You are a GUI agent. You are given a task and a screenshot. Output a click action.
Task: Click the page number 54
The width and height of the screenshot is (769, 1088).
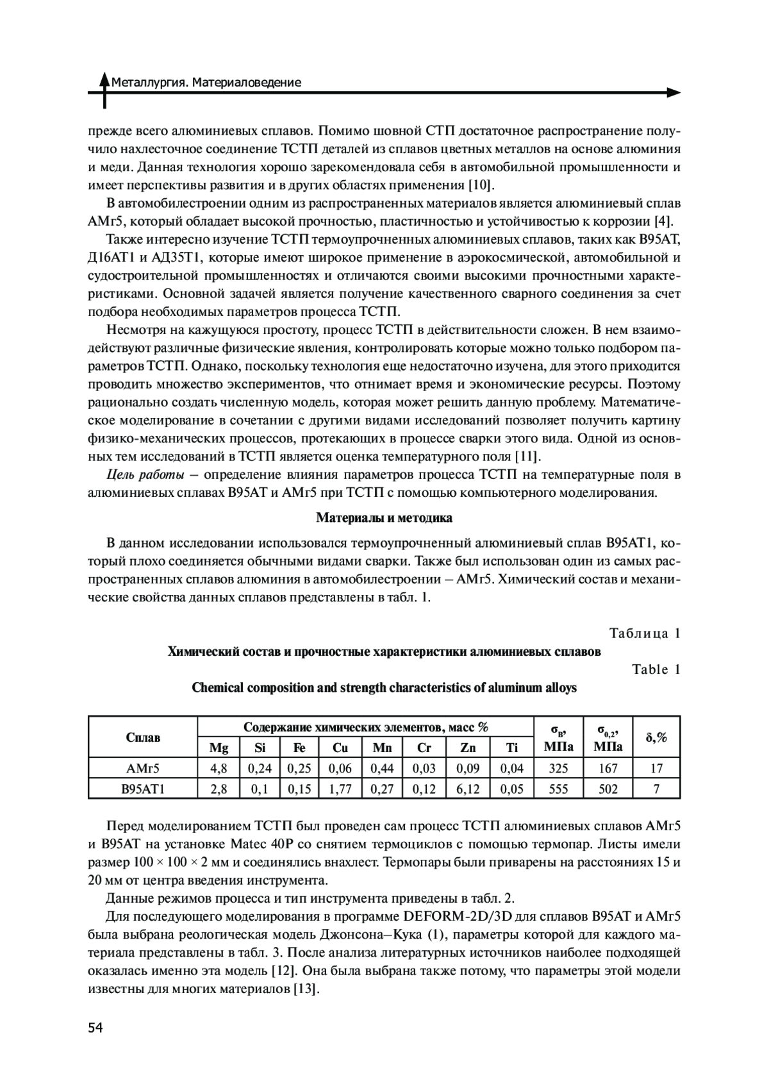[95, 1028]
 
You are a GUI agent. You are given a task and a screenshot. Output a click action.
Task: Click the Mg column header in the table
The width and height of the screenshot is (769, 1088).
[219, 748]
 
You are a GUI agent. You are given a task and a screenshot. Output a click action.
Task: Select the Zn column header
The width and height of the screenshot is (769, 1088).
[468, 748]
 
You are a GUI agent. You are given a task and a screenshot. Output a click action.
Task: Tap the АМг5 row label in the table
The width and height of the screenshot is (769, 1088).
[143, 768]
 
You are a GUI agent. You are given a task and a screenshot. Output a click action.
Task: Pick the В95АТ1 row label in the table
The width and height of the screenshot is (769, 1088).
[143, 789]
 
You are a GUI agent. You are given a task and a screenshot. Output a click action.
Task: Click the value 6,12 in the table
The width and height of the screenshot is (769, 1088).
[468, 789]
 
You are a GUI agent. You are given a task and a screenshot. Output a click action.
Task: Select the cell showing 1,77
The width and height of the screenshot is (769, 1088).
[340, 789]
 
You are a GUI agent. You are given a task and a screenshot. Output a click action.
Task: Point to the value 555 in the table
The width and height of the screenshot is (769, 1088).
[558, 789]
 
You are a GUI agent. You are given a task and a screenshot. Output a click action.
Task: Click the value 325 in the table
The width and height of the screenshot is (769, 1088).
[558, 768]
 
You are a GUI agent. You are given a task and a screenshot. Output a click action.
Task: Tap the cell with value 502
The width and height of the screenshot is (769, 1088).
[608, 789]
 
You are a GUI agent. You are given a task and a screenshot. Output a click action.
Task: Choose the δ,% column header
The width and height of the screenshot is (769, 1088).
[656, 737]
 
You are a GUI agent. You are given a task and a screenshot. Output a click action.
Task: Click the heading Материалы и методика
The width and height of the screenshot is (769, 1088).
[384, 517]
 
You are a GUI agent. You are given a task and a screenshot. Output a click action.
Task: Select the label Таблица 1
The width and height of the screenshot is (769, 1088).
[644, 633]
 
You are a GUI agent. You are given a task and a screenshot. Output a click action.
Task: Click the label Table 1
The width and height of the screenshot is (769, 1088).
[656, 669]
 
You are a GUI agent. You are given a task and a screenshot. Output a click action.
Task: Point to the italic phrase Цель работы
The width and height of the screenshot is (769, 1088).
[145, 475]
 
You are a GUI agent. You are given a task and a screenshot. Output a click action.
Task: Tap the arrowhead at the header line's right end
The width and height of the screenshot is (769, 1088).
[674, 93]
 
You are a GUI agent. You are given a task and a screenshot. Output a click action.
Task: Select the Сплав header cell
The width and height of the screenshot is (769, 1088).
[143, 737]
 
